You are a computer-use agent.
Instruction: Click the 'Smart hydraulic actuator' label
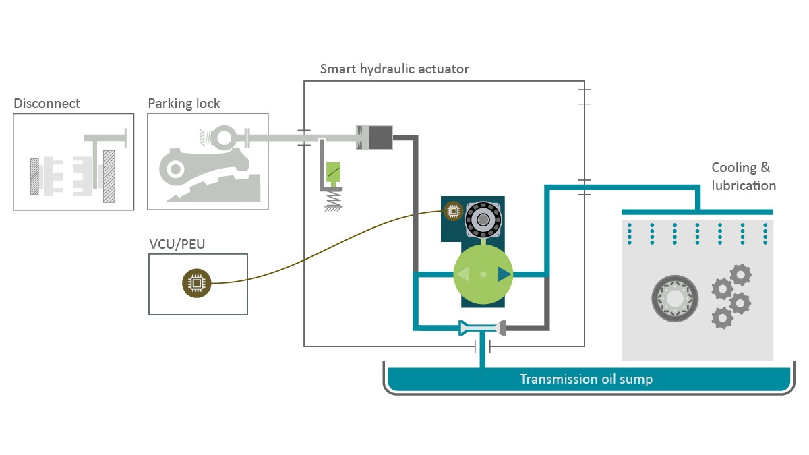coord(394,69)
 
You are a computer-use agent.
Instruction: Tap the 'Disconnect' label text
coord(47,103)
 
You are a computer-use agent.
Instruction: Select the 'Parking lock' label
coord(183,103)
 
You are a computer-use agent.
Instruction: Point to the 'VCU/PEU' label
coord(177,243)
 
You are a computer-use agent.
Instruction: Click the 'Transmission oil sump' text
coord(586,379)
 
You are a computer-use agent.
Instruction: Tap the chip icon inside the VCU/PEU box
coord(197,283)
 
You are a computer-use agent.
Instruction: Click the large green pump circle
coord(483,274)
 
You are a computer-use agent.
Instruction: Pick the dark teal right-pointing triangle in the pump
coord(504,274)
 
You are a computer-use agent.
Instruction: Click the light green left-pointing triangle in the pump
coord(462,274)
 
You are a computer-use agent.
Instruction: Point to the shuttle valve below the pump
coord(482,328)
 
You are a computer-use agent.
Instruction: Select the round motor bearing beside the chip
coord(483,218)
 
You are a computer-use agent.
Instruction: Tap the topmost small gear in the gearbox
coord(740,274)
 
